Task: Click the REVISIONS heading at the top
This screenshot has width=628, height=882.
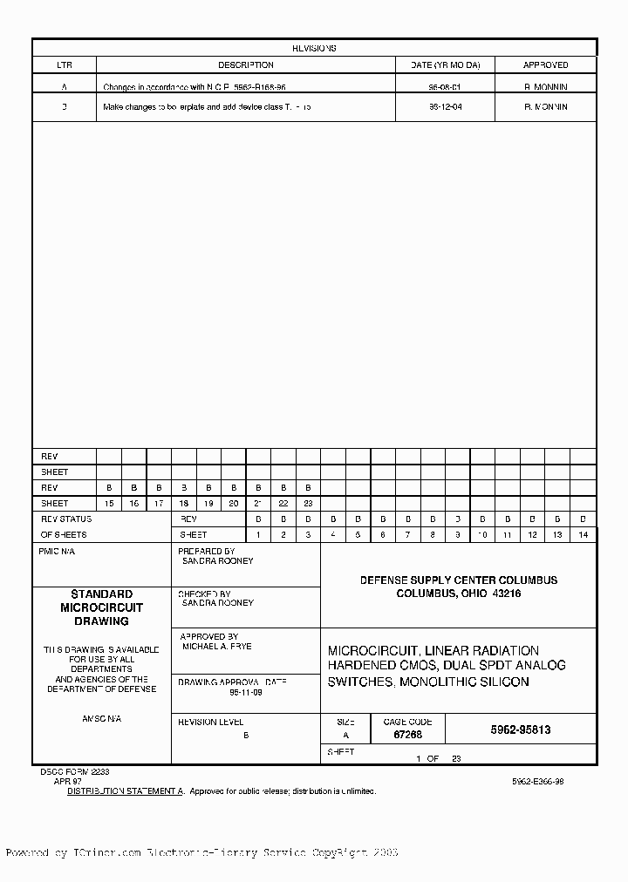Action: pos(314,49)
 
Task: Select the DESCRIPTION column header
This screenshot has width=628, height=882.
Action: pos(245,65)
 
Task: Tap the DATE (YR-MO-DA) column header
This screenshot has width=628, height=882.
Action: pos(445,65)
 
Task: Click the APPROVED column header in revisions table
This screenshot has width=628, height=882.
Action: pos(545,65)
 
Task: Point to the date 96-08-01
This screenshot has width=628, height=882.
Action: pos(445,87)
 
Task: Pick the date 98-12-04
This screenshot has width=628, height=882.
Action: pos(445,107)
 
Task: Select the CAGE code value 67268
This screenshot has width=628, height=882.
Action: pos(407,736)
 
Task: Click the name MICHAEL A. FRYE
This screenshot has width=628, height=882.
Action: pos(216,648)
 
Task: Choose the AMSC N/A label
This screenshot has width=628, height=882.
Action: pos(101,719)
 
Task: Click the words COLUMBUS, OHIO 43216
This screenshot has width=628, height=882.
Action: pos(459,594)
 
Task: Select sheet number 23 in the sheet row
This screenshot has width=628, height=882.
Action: pos(308,504)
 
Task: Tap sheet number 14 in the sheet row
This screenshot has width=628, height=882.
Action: pos(583,534)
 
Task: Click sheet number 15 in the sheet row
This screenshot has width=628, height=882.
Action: pos(109,504)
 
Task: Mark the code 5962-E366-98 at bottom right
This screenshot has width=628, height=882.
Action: pos(537,782)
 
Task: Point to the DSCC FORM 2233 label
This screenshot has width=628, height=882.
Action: pos(74,772)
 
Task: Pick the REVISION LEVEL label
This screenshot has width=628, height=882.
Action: pos(210,723)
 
